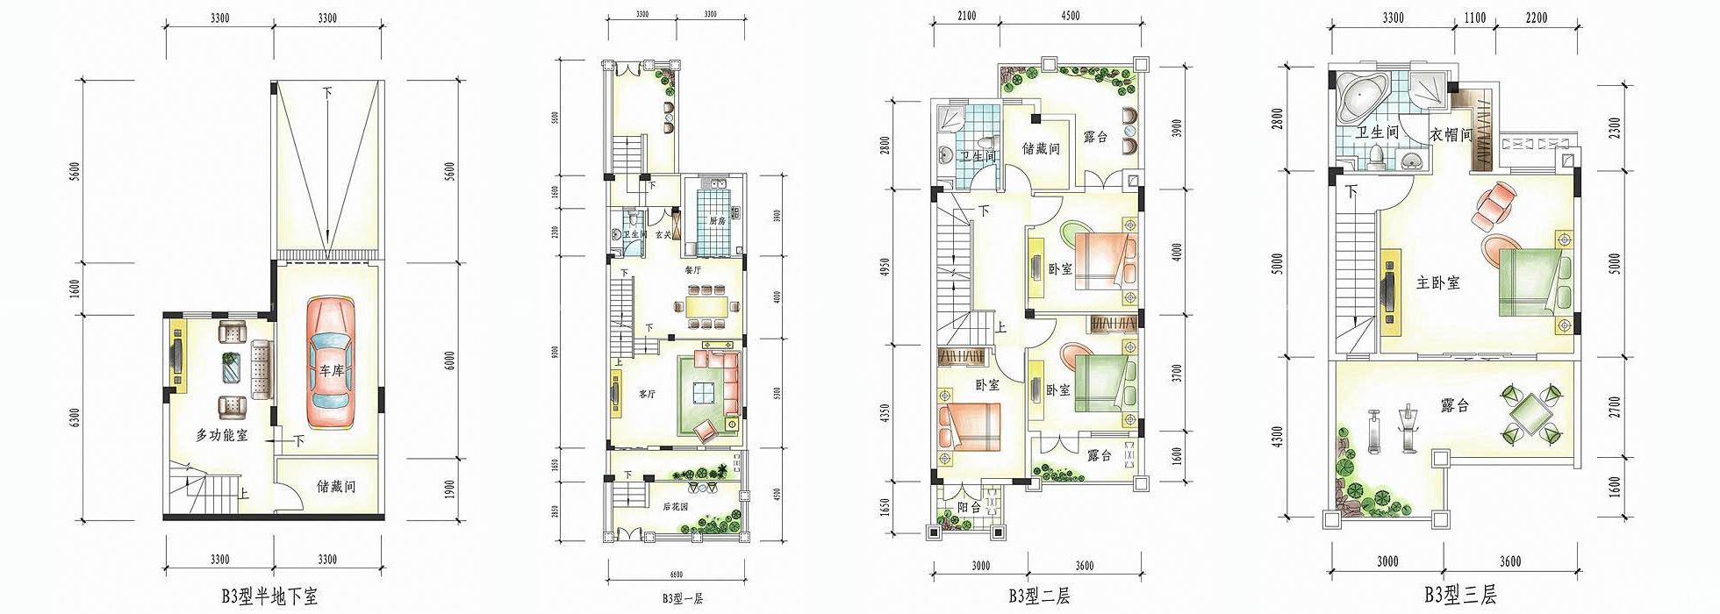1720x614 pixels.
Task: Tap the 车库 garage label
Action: tap(330, 371)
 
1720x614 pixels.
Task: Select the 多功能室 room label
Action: tap(221, 434)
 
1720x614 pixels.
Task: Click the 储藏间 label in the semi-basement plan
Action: tap(335, 487)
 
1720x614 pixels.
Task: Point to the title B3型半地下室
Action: tap(269, 597)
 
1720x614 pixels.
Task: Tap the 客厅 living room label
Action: tap(648, 395)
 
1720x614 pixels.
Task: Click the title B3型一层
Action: tap(683, 599)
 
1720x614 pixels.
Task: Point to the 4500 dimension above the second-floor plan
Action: tap(1070, 16)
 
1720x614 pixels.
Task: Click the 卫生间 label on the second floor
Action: tap(977, 157)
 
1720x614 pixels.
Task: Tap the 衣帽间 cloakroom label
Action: tap(1451, 134)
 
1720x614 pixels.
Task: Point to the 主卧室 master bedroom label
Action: tap(1438, 283)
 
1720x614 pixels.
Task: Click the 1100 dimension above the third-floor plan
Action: tap(1475, 18)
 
